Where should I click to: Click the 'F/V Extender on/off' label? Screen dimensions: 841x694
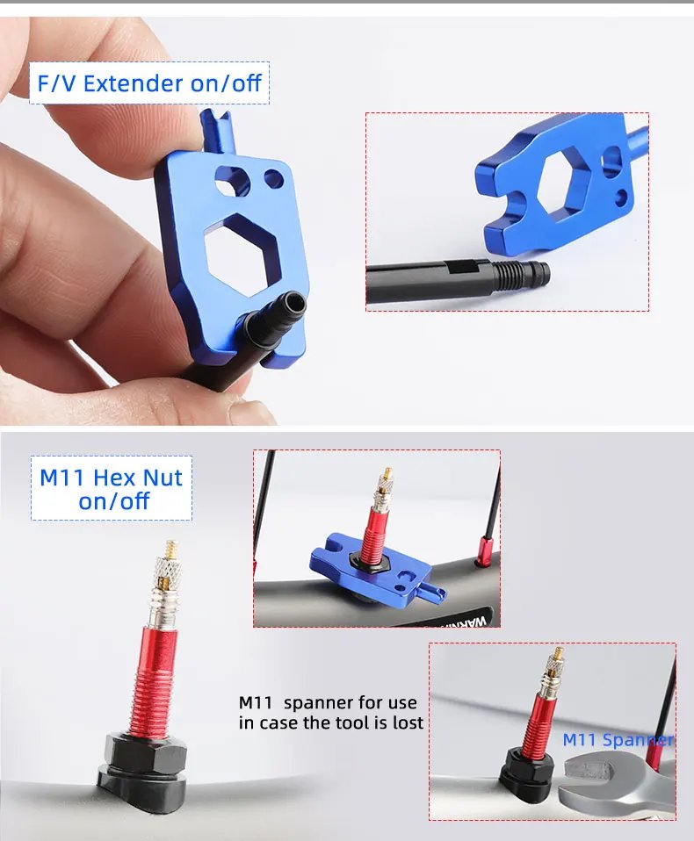click(149, 83)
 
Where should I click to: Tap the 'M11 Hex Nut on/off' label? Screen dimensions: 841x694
click(112, 489)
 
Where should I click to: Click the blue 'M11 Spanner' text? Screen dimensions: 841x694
click(618, 740)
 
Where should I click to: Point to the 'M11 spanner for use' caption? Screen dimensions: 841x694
click(328, 702)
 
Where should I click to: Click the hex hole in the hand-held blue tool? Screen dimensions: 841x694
click(242, 255)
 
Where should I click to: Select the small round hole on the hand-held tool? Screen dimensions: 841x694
click(273, 179)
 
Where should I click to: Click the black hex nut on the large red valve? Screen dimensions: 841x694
click(145, 750)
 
